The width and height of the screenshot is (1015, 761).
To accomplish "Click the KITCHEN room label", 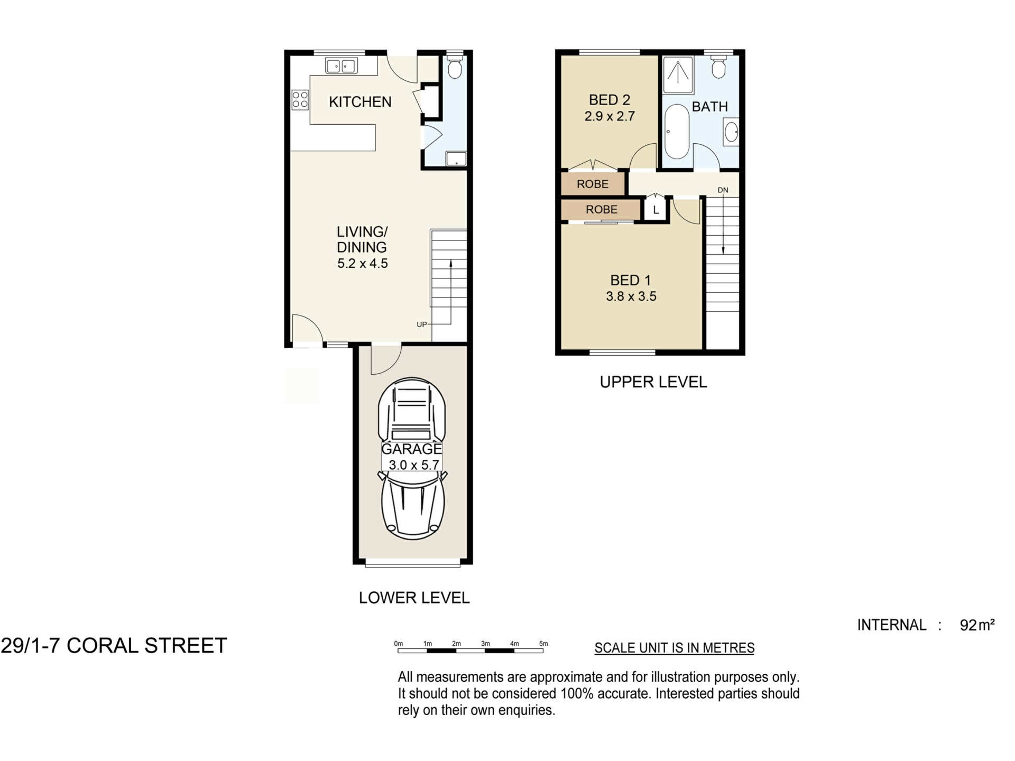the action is click(360, 102).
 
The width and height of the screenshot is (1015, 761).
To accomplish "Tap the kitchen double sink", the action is click(341, 66).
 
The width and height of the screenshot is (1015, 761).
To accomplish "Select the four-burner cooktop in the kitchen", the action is click(300, 99).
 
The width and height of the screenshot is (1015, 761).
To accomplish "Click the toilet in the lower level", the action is click(454, 67).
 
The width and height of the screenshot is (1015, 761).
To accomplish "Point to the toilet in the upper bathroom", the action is click(718, 67).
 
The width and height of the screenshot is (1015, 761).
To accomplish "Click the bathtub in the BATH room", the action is click(677, 132).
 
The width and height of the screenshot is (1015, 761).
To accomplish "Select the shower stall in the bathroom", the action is click(678, 75).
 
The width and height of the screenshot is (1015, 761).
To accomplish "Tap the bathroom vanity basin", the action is click(731, 132).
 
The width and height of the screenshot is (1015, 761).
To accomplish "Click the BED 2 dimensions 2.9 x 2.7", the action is click(610, 116).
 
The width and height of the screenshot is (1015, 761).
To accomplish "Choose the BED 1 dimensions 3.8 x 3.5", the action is click(631, 296).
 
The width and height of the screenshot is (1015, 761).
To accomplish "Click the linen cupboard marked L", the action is click(656, 209).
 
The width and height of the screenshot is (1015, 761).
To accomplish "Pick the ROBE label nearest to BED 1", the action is click(602, 209).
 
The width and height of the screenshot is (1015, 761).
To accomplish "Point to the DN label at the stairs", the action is click(723, 190).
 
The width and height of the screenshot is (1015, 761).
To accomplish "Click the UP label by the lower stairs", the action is click(422, 324).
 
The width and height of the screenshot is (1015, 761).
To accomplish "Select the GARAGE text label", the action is click(412, 449).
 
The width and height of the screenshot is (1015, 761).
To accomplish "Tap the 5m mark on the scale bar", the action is click(543, 644).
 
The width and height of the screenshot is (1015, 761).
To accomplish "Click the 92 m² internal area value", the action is click(977, 625).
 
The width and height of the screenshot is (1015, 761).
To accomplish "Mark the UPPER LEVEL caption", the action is click(653, 382).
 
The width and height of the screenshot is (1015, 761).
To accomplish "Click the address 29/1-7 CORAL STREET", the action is click(114, 646).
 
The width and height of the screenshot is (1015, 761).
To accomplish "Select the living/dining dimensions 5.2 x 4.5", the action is click(363, 264).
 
